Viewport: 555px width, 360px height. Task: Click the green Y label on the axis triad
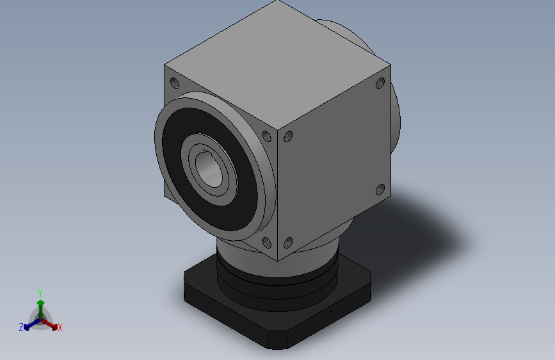click(x=40, y=291)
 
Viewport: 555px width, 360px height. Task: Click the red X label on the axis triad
click(x=60, y=327)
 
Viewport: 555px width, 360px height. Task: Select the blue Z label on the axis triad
click(x=21, y=327)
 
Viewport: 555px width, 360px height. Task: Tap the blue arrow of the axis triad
click(x=29, y=323)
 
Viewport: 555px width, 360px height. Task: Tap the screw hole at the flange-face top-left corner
click(x=174, y=83)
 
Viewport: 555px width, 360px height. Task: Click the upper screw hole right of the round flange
click(x=266, y=135)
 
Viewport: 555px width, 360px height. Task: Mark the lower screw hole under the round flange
click(x=266, y=243)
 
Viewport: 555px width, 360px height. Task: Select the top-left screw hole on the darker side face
click(x=289, y=136)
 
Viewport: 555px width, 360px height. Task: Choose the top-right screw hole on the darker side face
click(x=380, y=83)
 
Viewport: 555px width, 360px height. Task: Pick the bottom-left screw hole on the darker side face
click(x=288, y=242)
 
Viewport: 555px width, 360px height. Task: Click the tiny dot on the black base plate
click(x=331, y=310)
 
